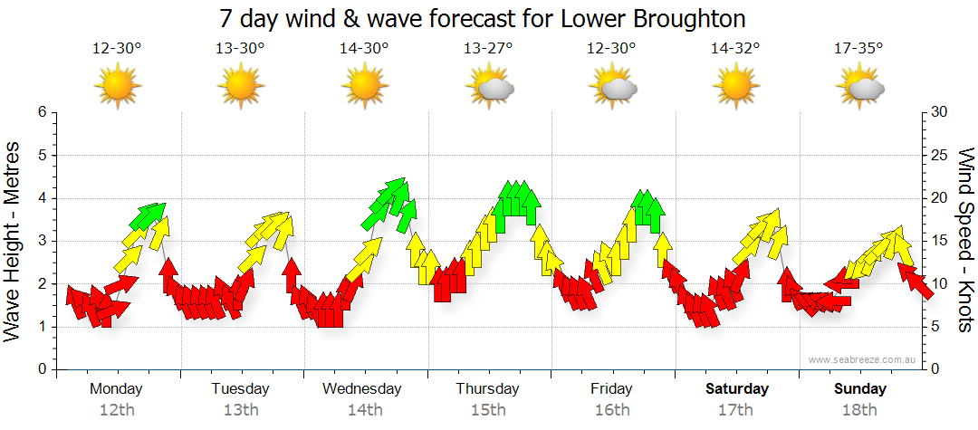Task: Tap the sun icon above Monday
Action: [x=117, y=87]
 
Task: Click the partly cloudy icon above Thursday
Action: [x=490, y=87]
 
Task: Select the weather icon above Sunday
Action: [x=860, y=87]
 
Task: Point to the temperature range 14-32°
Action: [x=735, y=49]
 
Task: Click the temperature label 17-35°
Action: [x=858, y=49]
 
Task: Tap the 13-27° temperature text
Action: [x=488, y=49]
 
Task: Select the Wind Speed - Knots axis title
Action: [x=964, y=240]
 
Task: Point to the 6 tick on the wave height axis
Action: [x=41, y=112]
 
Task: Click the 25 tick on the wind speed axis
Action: [x=940, y=156]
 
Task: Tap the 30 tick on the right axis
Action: [x=940, y=112]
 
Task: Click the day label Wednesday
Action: [x=362, y=389]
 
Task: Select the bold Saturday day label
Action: [x=736, y=389]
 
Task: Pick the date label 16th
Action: [x=612, y=410]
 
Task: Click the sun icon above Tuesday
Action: [x=241, y=87]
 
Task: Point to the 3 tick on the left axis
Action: [x=41, y=241]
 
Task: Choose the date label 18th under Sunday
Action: [x=860, y=410]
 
